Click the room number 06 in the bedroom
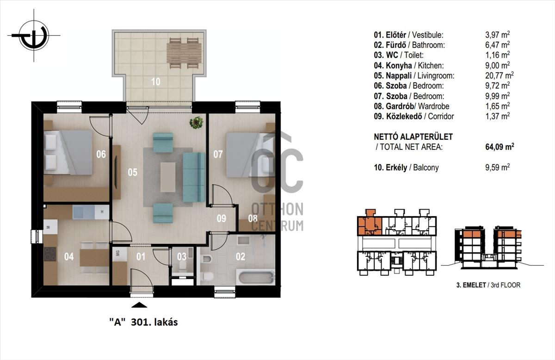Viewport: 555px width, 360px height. pos(101,154)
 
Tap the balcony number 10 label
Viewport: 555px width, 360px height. pos(156,81)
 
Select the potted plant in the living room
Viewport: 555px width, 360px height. pos(196,123)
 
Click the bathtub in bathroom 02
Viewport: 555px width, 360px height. pos(257,278)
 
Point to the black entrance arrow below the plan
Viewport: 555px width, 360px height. pos(139,305)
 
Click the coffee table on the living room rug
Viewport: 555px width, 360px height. pos(168,177)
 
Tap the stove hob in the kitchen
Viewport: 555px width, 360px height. pos(50,254)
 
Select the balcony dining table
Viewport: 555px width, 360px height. pos(184,53)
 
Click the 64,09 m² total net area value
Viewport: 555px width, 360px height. pos(499,147)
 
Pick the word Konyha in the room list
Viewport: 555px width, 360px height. pos(399,65)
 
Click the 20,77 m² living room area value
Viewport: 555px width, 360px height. pos(499,75)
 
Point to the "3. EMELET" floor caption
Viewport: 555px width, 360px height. pos(471,285)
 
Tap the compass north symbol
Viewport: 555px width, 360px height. pos(34,36)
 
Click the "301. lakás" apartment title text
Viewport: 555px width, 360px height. pos(154,322)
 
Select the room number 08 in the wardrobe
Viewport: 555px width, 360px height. pos(253,218)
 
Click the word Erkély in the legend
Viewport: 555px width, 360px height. pos(396,168)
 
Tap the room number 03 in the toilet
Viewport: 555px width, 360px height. pos(182,257)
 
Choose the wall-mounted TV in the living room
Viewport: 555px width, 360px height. pos(116,173)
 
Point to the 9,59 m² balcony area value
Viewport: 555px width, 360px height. pos(497,168)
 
